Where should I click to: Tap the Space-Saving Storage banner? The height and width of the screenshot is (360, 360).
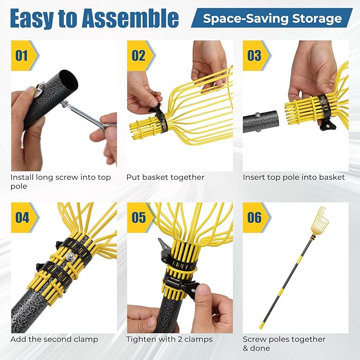pyautogui.click(x=272, y=18)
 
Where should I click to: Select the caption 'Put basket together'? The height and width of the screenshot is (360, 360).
pyautogui.click(x=165, y=177)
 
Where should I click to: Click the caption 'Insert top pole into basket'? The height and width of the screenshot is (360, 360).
pyautogui.click(x=294, y=177)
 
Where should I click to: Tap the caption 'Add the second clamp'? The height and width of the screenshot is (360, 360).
pyautogui.click(x=54, y=339)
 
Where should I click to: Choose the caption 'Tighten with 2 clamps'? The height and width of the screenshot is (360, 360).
pyautogui.click(x=170, y=339)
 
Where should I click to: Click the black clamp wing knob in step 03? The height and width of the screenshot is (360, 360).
pyautogui.click(x=327, y=126)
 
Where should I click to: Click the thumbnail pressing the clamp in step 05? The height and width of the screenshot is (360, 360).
pyautogui.click(x=204, y=289)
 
